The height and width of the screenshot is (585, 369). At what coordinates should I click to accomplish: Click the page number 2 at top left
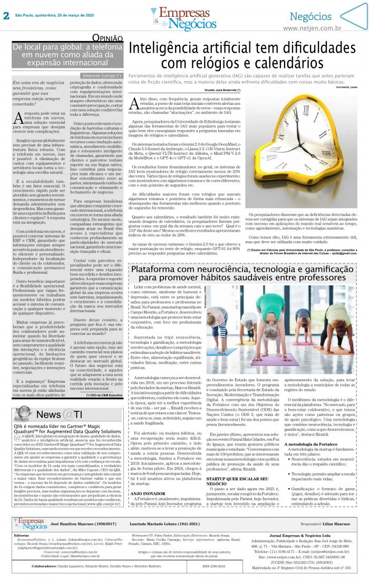[x=6, y=15]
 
